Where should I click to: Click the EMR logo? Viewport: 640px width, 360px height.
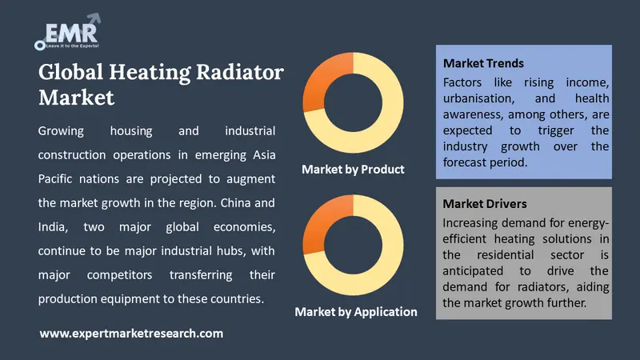(x=68, y=32)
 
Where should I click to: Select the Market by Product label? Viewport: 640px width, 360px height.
(x=353, y=169)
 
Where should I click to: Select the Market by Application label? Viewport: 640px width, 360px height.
(x=356, y=311)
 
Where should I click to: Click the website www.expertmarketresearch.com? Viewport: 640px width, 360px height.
(x=131, y=333)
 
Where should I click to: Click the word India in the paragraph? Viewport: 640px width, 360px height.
(x=53, y=226)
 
